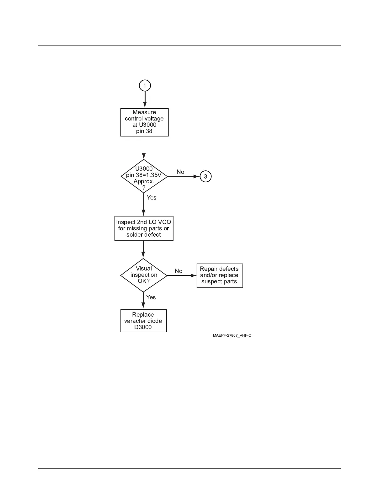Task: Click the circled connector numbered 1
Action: [x=145, y=85]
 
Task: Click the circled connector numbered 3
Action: [x=205, y=176]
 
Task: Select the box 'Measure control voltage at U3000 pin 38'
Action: [x=144, y=122]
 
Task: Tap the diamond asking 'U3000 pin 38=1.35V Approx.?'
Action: [x=144, y=177]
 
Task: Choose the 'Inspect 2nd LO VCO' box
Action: [x=144, y=228]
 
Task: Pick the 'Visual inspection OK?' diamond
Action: [x=144, y=275]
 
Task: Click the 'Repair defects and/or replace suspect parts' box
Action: [x=220, y=275]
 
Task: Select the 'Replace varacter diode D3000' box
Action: [x=143, y=321]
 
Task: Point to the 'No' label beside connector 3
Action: [x=180, y=172]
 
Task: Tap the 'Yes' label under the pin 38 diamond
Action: [x=152, y=198]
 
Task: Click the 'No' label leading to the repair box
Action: [x=179, y=271]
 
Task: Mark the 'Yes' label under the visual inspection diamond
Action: [x=151, y=297]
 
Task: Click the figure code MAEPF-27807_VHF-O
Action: [x=232, y=336]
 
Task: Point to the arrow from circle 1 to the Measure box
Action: [x=145, y=100]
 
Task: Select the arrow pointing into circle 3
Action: [x=184, y=176]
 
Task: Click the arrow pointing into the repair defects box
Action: [x=182, y=275]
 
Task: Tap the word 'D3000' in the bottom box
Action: [x=143, y=327]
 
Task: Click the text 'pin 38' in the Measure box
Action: [x=144, y=131]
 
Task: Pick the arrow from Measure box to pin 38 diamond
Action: [x=144, y=148]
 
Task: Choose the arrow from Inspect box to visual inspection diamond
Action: [x=143, y=250]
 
